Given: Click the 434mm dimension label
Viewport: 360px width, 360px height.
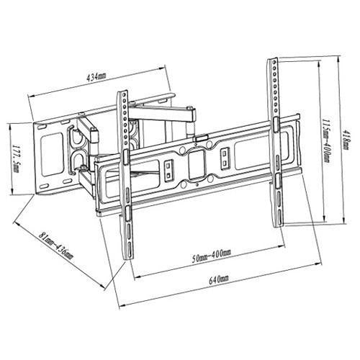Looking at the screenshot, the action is pos(96,77).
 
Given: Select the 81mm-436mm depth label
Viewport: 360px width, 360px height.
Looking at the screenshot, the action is pos(56,246).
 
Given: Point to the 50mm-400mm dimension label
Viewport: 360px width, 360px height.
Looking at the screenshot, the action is pos(211,256).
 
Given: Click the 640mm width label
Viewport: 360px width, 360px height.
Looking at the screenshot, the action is pos(218,279).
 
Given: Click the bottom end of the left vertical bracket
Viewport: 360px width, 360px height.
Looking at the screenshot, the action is pos(128,258).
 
